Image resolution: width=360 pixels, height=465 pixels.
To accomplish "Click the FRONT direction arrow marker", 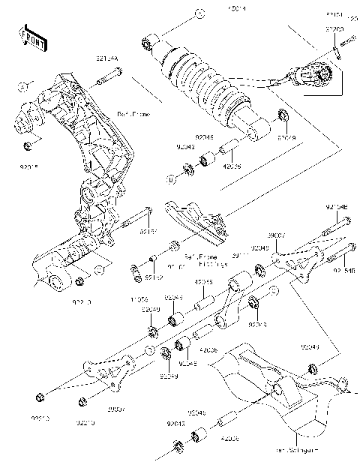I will tap(29, 37).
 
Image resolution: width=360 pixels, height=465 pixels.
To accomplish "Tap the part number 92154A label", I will tap(107, 57).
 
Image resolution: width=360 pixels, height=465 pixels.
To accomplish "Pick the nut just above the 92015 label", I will tap(28, 143).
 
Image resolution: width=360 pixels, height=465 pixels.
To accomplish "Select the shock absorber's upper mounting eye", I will tap(147, 43).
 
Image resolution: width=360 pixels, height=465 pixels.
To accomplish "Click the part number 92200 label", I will tap(334, 28).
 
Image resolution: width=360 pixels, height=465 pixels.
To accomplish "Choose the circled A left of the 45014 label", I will tap(199, 13).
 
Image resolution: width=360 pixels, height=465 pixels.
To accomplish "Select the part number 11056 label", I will tap(139, 300).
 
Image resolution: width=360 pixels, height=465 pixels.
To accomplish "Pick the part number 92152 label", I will tap(154, 278).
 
